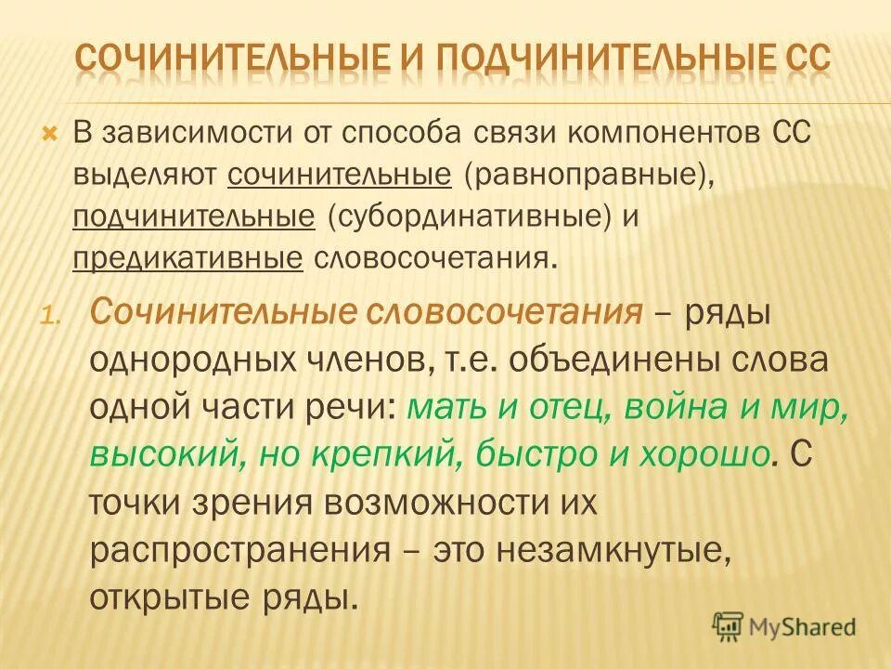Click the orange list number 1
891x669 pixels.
[51, 315]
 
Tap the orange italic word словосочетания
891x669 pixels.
[507, 311]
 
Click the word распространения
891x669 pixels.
[239, 550]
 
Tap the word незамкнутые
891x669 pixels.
[610, 550]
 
